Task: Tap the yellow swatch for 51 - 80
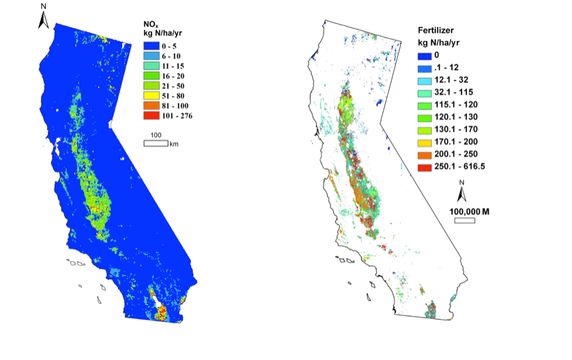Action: tap(147, 96)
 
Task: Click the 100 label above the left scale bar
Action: tap(155, 135)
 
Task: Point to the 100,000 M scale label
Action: tap(470, 211)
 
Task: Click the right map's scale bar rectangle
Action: tap(466, 220)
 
